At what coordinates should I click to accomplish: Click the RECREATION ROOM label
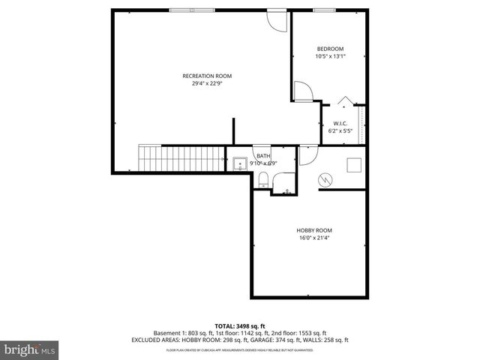(x=207, y=76)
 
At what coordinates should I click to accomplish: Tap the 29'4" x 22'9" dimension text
(x=207, y=83)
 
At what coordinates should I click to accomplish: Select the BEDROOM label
(x=330, y=49)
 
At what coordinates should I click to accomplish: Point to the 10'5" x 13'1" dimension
(x=330, y=56)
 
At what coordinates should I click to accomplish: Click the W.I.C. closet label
(x=340, y=124)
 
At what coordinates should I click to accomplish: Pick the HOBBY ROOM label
(x=313, y=230)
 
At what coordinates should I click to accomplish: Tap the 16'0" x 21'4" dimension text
(x=313, y=238)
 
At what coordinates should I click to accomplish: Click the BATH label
(x=263, y=156)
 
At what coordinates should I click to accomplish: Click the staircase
(x=182, y=159)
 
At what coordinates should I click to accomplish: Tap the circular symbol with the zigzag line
(x=325, y=180)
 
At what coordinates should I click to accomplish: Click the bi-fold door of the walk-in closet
(x=344, y=100)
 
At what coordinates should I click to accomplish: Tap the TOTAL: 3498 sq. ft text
(x=240, y=325)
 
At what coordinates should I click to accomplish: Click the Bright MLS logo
(x=30, y=349)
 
